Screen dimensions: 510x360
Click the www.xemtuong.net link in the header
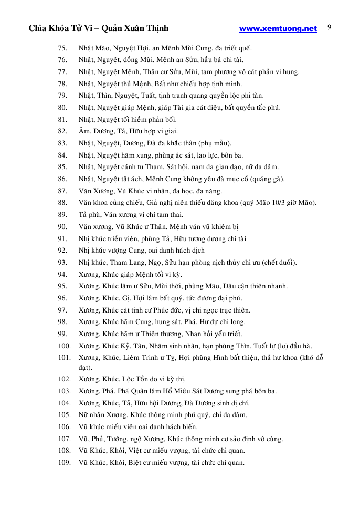(x=278, y=29)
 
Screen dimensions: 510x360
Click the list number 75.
(x=62, y=48)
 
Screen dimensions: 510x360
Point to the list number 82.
(x=62, y=131)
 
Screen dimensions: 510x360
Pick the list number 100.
(x=64, y=346)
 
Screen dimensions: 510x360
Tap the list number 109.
(x=64, y=463)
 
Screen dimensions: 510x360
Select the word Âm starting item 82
(x=84, y=131)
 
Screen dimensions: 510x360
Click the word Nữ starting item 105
(x=83, y=415)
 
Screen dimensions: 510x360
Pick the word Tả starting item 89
(x=83, y=215)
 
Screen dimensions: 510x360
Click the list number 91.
(x=62, y=239)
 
